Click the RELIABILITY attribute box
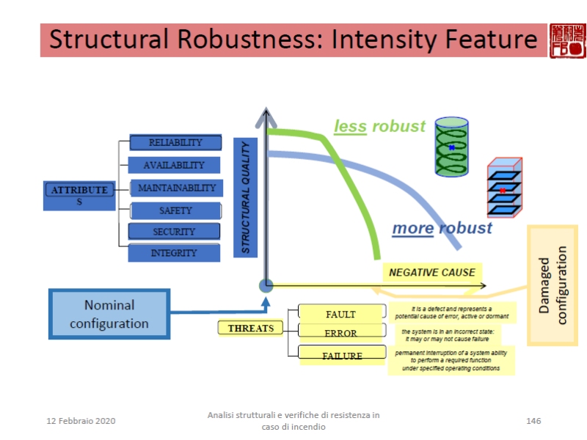pos(175,142)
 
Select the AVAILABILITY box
pos(174,165)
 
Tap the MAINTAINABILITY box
pos(176,188)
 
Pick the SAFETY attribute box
pos(175,210)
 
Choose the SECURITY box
pos(174,232)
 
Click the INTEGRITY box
pos(174,253)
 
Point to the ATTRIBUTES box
pos(79,194)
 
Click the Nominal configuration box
pos(109,314)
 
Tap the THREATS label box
pos(250,328)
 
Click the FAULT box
pos(341,314)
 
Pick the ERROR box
pos(341,333)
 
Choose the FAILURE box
pos(341,355)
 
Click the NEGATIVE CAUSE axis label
pos(431,272)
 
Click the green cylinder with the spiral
pos(451,147)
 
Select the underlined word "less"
pos(350,126)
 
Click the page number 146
pos(533,420)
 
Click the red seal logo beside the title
pos(567,40)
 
